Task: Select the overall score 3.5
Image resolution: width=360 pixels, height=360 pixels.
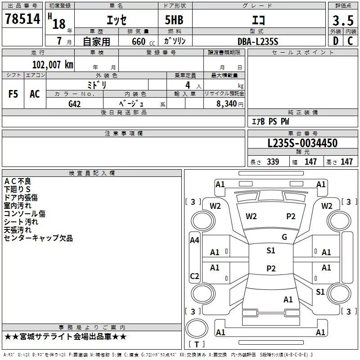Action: click(342, 21)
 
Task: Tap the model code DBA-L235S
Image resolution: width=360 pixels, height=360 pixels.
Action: click(258, 41)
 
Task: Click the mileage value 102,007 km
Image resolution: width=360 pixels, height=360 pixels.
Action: click(53, 65)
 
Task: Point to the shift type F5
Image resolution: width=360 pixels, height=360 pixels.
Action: click(13, 94)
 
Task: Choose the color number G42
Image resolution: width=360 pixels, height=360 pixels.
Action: click(75, 103)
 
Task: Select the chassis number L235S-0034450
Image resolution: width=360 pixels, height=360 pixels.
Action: click(302, 144)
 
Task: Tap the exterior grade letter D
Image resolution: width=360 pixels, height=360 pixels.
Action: click(335, 41)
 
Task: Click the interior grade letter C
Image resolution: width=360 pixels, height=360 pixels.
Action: click(350, 41)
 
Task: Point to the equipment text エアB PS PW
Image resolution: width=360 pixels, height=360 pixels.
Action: click(270, 121)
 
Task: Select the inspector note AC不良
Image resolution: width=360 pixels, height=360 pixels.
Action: click(18, 181)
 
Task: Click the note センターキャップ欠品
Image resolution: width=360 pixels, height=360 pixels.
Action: click(38, 238)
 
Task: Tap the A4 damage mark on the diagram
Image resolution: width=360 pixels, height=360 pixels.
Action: click(194, 240)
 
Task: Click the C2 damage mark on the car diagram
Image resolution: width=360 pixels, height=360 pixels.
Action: click(194, 276)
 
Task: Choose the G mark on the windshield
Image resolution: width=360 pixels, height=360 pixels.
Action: click(284, 237)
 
